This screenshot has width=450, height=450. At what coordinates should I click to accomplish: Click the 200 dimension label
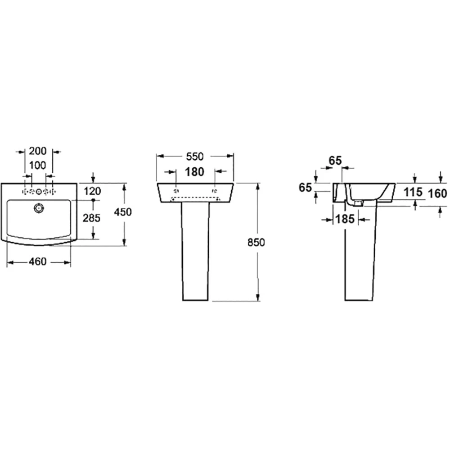38,151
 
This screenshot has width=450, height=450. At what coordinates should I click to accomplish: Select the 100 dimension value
38,165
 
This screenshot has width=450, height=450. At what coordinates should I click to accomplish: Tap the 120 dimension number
92,191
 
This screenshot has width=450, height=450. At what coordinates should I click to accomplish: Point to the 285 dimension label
91,218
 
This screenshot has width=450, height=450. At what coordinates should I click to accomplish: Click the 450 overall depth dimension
123,212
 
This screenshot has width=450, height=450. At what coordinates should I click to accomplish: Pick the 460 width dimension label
38,261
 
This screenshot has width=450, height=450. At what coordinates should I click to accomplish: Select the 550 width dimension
195,157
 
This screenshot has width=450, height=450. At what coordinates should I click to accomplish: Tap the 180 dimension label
194,172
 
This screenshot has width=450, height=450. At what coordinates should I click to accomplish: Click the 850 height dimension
256,243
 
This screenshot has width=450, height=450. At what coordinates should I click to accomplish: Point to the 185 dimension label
345,219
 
